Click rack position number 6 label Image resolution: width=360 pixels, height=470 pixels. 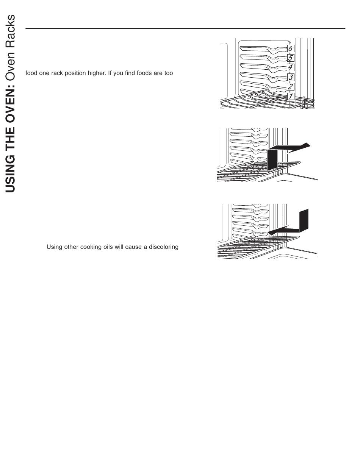tap(290, 48)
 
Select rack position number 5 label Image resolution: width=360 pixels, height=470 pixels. tap(290, 58)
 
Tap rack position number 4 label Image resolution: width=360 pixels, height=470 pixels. tap(290, 67)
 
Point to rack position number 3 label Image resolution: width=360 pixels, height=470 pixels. tap(290, 77)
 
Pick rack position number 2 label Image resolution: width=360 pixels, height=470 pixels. tap(290, 87)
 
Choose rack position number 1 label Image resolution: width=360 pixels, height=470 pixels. tap(290, 96)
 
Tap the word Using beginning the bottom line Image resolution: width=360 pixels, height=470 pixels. tap(54, 247)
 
